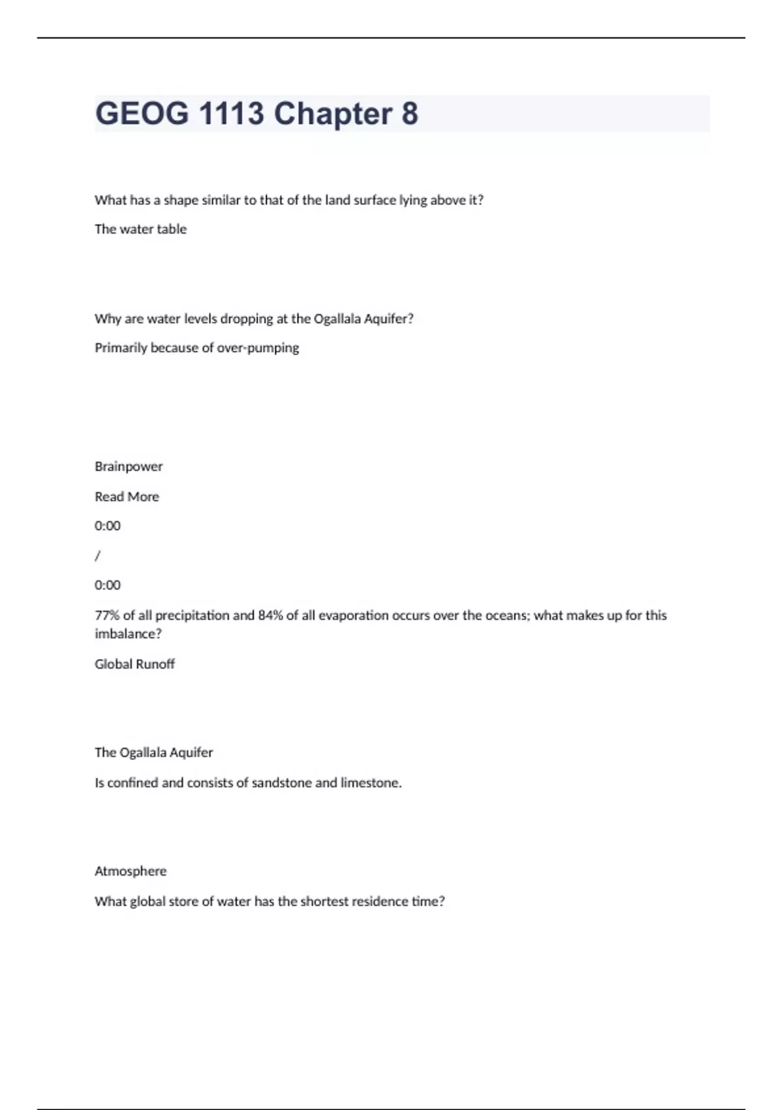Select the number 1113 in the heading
231,114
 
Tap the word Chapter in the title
332,114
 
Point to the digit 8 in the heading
410,114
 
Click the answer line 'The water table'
140,229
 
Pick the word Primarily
121,348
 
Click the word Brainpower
129,466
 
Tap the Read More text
127,496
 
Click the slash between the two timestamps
98,556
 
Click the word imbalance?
128,633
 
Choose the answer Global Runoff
134,664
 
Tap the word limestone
370,783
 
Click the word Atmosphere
130,871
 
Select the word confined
132,783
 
